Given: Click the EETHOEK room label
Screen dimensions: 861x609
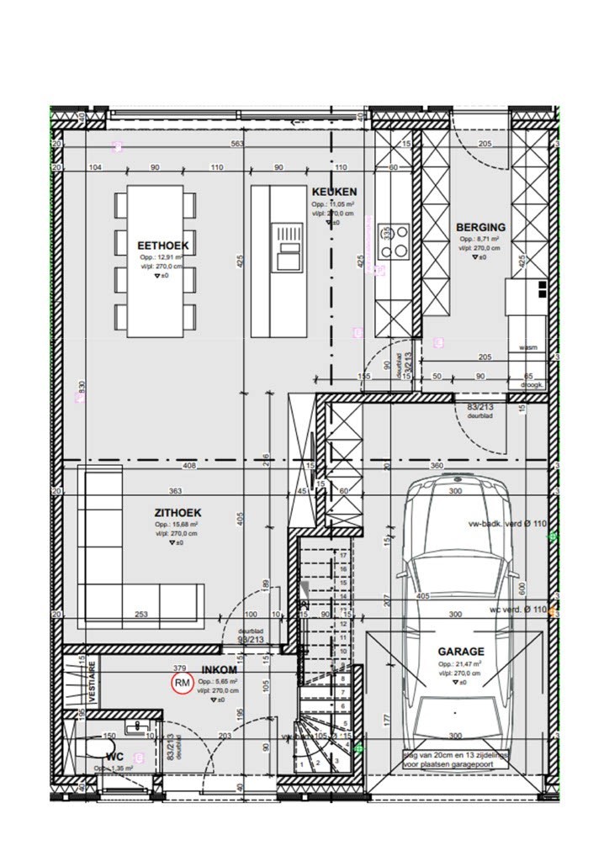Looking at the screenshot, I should coord(163,245).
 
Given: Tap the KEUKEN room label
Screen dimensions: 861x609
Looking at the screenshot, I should coord(334,192).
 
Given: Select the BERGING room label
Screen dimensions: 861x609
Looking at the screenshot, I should coord(480,227).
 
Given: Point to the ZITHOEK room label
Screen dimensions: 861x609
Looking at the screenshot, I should coord(177,512).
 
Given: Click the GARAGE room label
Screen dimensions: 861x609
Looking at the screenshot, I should coord(460,651).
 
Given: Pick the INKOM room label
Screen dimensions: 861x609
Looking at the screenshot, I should coord(219,670).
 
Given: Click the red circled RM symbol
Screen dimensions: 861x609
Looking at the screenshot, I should coord(182,684).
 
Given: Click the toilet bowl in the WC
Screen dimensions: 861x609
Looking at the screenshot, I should coord(98,747).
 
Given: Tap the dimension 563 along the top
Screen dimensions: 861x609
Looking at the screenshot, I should coord(237,144).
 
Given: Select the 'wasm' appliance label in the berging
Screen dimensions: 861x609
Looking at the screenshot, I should coord(528,346).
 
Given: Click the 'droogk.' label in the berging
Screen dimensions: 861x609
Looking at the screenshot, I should coord(532,385).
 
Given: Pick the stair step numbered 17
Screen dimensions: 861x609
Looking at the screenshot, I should coord(342,555).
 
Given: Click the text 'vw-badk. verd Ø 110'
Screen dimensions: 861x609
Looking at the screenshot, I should coord(507,523).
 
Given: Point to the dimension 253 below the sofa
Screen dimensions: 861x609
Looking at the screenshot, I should coord(142,615).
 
